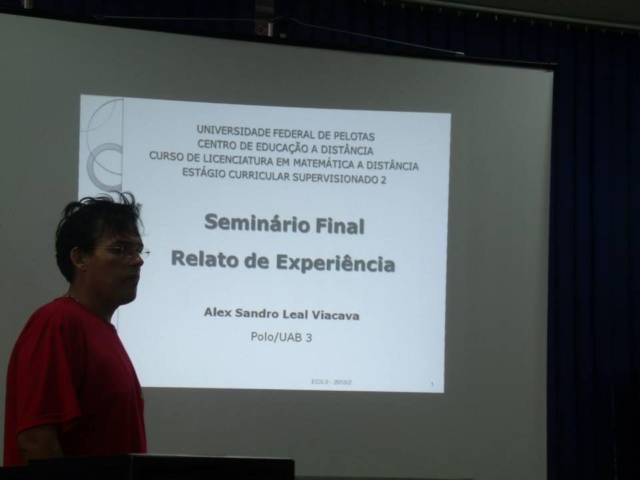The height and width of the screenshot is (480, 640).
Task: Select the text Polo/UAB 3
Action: click(x=281, y=337)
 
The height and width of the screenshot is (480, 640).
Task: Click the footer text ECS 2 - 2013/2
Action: click(x=331, y=382)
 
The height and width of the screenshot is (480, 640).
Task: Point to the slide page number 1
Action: click(x=432, y=384)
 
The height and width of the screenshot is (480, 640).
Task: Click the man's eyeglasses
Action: click(x=123, y=251)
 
